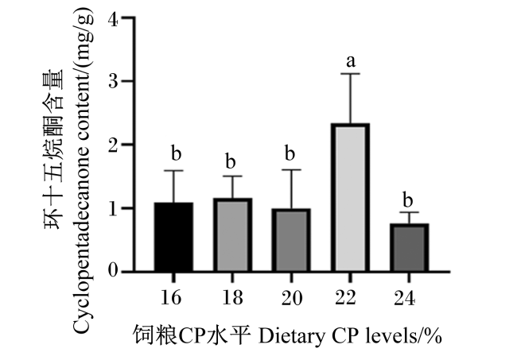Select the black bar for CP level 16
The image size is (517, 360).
[x=173, y=237]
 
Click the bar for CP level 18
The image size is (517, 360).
[x=232, y=235]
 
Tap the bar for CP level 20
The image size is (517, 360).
[x=291, y=240]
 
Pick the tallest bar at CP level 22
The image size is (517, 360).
[x=350, y=198]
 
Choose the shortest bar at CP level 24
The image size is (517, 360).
[x=409, y=248]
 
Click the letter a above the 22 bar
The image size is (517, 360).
[x=351, y=61]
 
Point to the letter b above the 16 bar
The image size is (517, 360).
[x=176, y=153]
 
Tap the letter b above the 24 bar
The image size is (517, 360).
[x=408, y=199]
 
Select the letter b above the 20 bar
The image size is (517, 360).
[x=290, y=153]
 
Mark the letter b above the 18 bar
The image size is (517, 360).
[x=231, y=161]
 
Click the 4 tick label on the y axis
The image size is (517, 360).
[x=113, y=21]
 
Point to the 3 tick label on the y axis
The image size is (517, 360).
[x=113, y=81]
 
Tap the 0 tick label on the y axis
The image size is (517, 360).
[x=113, y=271]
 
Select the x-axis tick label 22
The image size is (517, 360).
[x=346, y=297]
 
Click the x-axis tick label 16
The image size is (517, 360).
[x=171, y=297]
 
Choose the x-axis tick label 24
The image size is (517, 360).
[x=405, y=298]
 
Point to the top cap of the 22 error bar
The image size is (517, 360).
[x=350, y=74]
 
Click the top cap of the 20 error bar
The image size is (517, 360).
[x=291, y=169]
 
